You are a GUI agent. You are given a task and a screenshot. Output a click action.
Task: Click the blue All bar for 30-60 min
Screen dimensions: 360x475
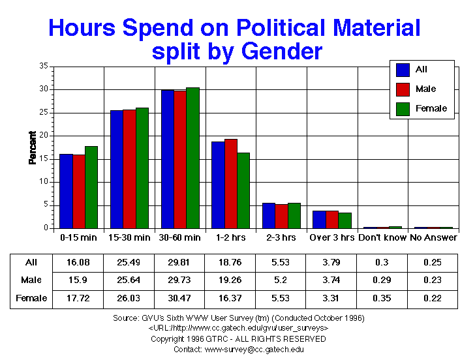[x=167, y=159]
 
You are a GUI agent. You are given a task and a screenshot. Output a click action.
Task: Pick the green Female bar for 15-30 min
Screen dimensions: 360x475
[x=142, y=168]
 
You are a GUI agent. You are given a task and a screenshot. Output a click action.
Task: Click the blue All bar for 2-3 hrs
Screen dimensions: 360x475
[x=269, y=215]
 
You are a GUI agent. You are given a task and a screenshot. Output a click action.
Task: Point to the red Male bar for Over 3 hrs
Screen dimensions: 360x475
[x=332, y=219]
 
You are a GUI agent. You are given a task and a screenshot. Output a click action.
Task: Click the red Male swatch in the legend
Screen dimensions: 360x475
[x=403, y=89]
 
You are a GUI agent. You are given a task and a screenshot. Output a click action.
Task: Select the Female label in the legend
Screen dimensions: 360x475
[x=431, y=108]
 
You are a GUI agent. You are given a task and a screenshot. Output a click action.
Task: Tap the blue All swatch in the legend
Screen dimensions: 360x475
[x=403, y=69]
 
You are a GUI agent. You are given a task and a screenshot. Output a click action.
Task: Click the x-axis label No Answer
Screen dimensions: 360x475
[x=433, y=237]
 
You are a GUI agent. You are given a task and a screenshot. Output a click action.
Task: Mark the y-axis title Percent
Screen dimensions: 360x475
[x=32, y=147]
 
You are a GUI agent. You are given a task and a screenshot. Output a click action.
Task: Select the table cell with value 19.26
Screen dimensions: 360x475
[x=230, y=280]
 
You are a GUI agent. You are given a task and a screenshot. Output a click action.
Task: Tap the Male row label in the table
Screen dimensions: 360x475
[x=31, y=280]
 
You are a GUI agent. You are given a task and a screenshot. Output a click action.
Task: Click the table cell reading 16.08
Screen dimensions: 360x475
[x=78, y=263]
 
